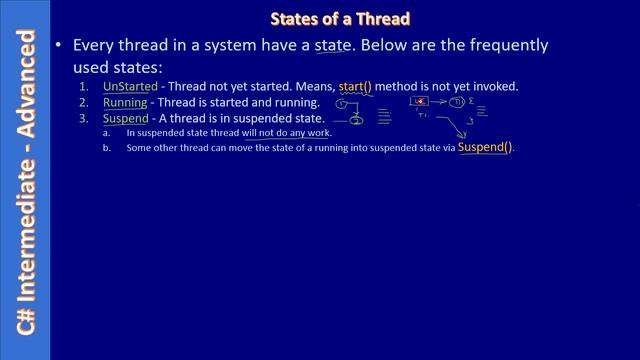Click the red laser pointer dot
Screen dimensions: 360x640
[422, 101]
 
